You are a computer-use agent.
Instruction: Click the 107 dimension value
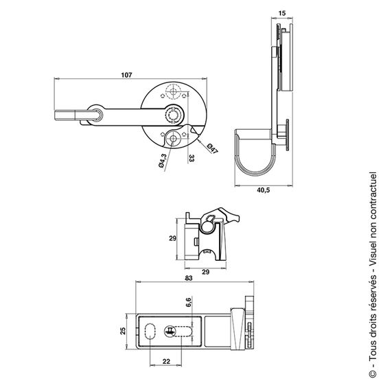pyautogui.click(x=126, y=75)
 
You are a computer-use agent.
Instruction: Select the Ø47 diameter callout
pyautogui.click(x=212, y=149)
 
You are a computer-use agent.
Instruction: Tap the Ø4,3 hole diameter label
pyautogui.click(x=162, y=161)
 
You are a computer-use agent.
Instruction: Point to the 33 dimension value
pyautogui.click(x=192, y=159)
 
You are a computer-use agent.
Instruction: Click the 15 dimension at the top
pyautogui.click(x=282, y=13)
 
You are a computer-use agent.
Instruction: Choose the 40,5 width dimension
pyautogui.click(x=264, y=190)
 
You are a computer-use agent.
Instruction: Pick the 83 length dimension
pyautogui.click(x=189, y=278)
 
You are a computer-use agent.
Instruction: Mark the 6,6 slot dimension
pyautogui.click(x=189, y=302)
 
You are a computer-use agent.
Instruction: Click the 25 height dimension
pyautogui.click(x=123, y=331)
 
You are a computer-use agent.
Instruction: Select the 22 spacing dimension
pyautogui.click(x=166, y=362)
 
